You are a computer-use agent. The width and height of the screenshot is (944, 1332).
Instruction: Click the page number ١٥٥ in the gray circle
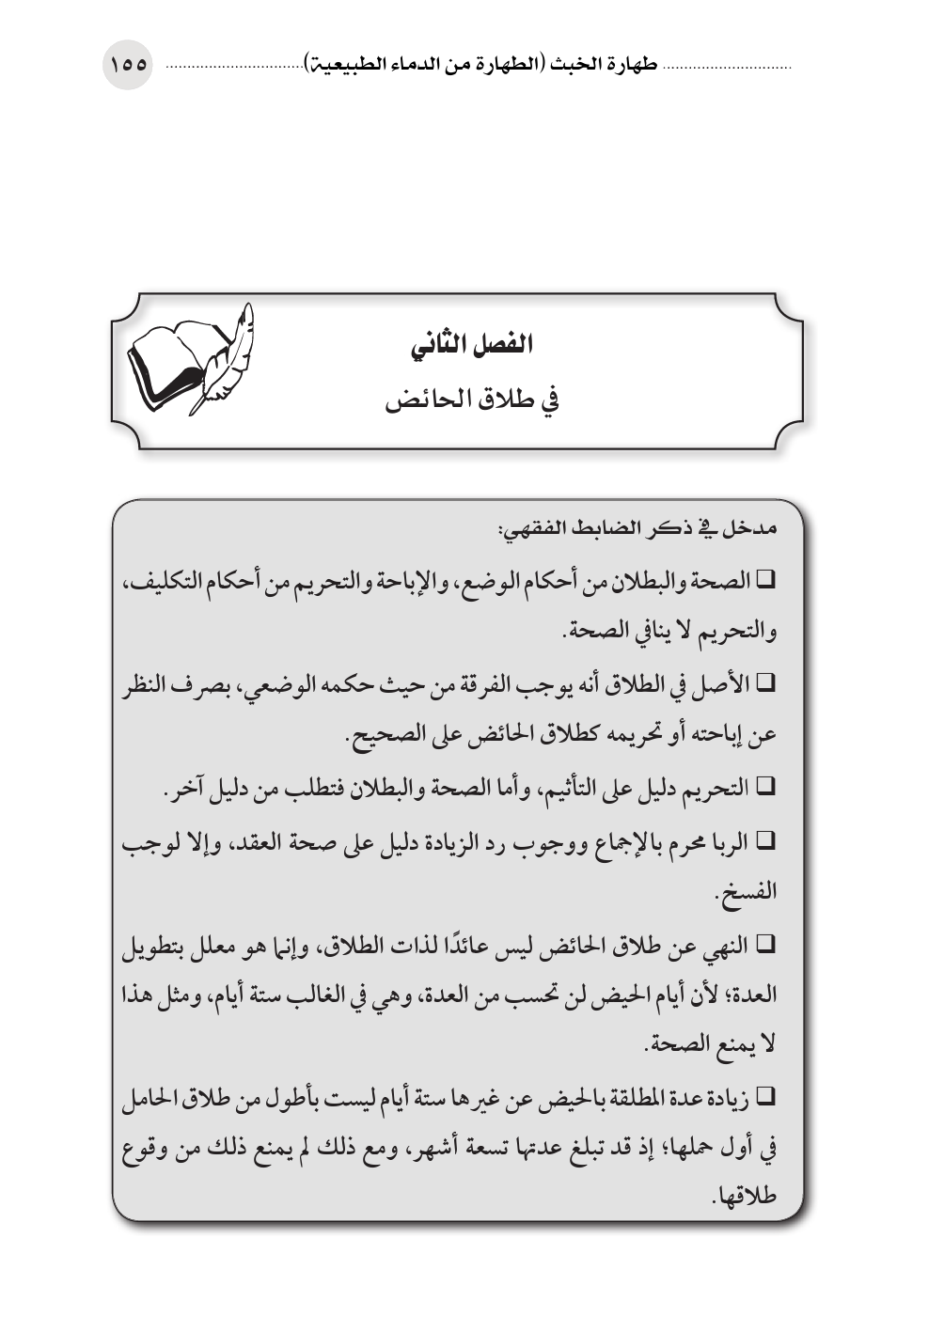(x=128, y=65)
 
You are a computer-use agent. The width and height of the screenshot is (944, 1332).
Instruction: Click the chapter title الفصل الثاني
(x=472, y=345)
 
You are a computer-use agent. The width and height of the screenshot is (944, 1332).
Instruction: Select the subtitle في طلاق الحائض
(x=472, y=400)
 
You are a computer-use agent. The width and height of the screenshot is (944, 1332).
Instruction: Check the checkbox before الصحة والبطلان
(x=764, y=581)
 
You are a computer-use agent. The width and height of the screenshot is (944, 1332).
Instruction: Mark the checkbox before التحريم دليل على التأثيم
(x=764, y=787)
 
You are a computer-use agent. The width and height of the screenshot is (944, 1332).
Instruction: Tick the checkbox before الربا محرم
(x=764, y=841)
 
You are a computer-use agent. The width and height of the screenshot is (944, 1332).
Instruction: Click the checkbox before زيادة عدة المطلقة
(x=764, y=1097)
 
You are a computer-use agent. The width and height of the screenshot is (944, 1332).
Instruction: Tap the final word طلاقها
(x=747, y=1199)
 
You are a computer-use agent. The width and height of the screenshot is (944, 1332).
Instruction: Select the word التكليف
(x=161, y=581)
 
